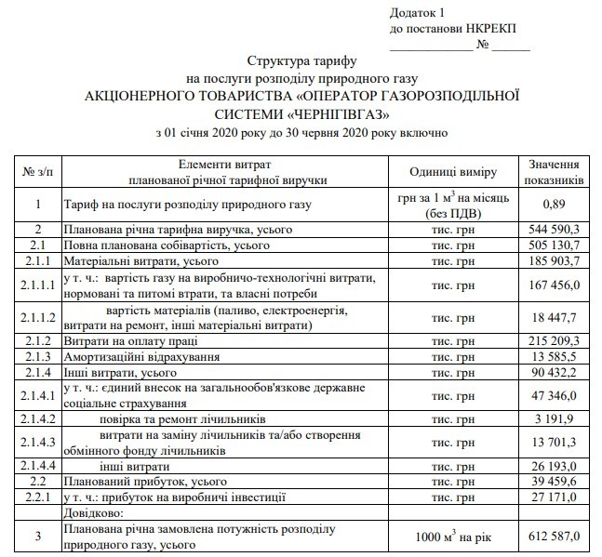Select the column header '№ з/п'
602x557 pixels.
click(38, 171)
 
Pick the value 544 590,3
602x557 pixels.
click(555, 230)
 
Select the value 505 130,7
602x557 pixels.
click(555, 246)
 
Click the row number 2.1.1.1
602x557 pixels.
click(38, 285)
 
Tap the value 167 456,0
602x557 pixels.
click(555, 285)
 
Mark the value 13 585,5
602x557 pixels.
click(557, 357)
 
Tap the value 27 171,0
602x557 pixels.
click(557, 497)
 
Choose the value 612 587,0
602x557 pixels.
click(555, 537)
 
